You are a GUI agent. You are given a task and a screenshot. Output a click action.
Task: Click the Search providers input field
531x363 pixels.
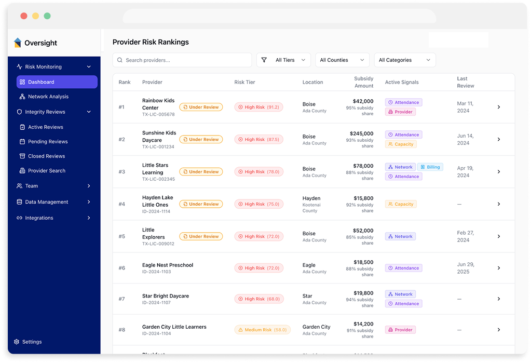pyautogui.click(x=182, y=60)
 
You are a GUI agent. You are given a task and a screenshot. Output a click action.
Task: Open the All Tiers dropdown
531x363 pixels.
pyautogui.click(x=283, y=60)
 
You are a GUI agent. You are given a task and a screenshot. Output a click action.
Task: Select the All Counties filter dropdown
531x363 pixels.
pyautogui.click(x=342, y=60)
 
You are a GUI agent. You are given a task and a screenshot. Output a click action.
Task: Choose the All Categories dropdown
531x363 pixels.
pyautogui.click(x=404, y=60)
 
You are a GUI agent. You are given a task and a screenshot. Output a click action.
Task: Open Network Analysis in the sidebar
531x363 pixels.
pyautogui.click(x=48, y=97)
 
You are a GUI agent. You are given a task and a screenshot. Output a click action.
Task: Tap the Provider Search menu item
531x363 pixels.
pyautogui.click(x=46, y=171)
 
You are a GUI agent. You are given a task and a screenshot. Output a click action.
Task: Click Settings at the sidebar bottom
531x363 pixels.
pyautogui.click(x=31, y=342)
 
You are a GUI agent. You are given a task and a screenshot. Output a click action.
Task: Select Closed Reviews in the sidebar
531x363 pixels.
pyautogui.click(x=47, y=156)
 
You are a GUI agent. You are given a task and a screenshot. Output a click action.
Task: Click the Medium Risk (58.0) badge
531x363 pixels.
pyautogui.click(x=262, y=330)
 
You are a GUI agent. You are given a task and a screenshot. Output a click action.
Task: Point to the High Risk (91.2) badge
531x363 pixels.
pyautogui.click(x=258, y=107)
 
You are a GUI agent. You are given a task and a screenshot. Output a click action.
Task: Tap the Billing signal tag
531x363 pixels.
pyautogui.click(x=430, y=167)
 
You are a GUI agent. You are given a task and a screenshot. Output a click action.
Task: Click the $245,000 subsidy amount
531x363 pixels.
pyautogui.click(x=361, y=133)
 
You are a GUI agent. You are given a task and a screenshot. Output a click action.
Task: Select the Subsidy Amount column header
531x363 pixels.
pyautogui.click(x=363, y=82)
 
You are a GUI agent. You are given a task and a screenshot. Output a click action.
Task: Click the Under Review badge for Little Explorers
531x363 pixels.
pyautogui.click(x=201, y=236)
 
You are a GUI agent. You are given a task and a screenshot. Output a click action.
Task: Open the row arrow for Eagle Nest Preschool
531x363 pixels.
pyautogui.click(x=498, y=268)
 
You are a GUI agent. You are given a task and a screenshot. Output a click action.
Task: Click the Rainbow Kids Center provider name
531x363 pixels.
pyautogui.click(x=158, y=104)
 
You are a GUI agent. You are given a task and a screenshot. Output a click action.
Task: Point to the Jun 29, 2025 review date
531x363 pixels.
pyautogui.click(x=466, y=268)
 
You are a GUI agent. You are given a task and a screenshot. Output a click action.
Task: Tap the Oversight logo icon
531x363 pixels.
pyautogui.click(x=18, y=43)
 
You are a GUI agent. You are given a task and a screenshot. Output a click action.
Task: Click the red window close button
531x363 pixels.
pyautogui.click(x=24, y=16)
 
